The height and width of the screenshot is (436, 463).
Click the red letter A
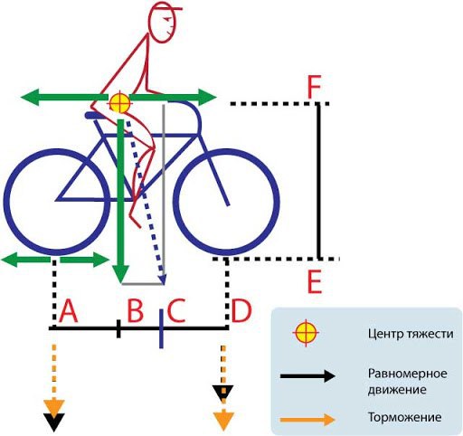click(x=69, y=311)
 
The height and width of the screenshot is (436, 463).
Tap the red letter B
click(x=136, y=310)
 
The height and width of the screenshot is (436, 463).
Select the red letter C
click(x=175, y=310)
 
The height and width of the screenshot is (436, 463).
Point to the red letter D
click(x=241, y=310)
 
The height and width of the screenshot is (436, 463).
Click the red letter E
click(x=315, y=282)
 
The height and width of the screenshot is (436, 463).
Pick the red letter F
click(x=314, y=88)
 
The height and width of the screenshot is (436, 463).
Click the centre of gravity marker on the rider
click(x=120, y=102)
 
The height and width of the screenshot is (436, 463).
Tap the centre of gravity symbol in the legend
click(x=306, y=333)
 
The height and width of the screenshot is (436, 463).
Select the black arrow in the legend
click(x=307, y=376)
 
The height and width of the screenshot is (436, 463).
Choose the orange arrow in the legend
click(x=307, y=420)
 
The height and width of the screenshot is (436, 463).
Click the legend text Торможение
click(x=405, y=418)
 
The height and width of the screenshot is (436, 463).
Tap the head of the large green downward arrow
click(x=121, y=273)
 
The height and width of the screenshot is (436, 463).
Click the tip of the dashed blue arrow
click(x=164, y=284)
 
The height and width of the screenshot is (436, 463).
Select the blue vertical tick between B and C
click(x=161, y=328)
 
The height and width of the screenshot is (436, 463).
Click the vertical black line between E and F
click(x=318, y=181)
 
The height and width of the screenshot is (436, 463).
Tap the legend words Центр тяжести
click(x=411, y=334)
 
